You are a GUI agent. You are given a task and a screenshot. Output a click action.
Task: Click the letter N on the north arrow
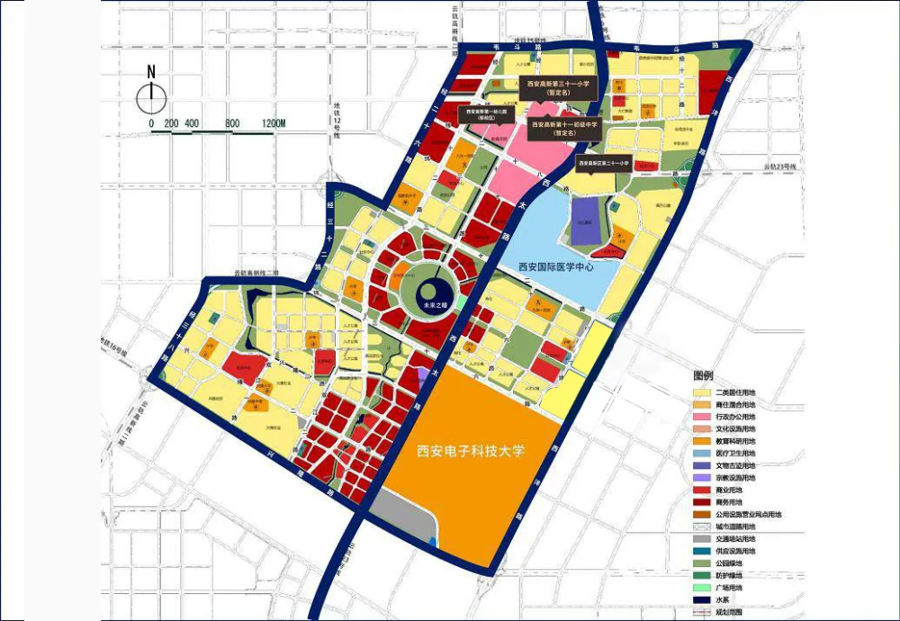tap(151, 72)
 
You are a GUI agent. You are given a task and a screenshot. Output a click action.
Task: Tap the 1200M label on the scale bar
tap(268, 122)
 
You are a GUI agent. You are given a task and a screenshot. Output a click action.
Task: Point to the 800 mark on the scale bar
tap(231, 122)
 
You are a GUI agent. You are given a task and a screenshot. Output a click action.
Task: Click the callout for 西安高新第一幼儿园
tap(487, 115)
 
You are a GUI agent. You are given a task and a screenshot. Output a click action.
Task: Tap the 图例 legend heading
tap(703, 375)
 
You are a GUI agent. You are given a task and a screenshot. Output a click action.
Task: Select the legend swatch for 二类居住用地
tap(701, 392)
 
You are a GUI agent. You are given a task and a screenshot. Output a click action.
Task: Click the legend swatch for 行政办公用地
tap(701, 417)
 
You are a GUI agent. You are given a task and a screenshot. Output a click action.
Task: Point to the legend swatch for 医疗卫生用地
tap(701, 453)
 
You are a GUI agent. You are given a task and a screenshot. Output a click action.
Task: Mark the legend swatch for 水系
tap(701, 598)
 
